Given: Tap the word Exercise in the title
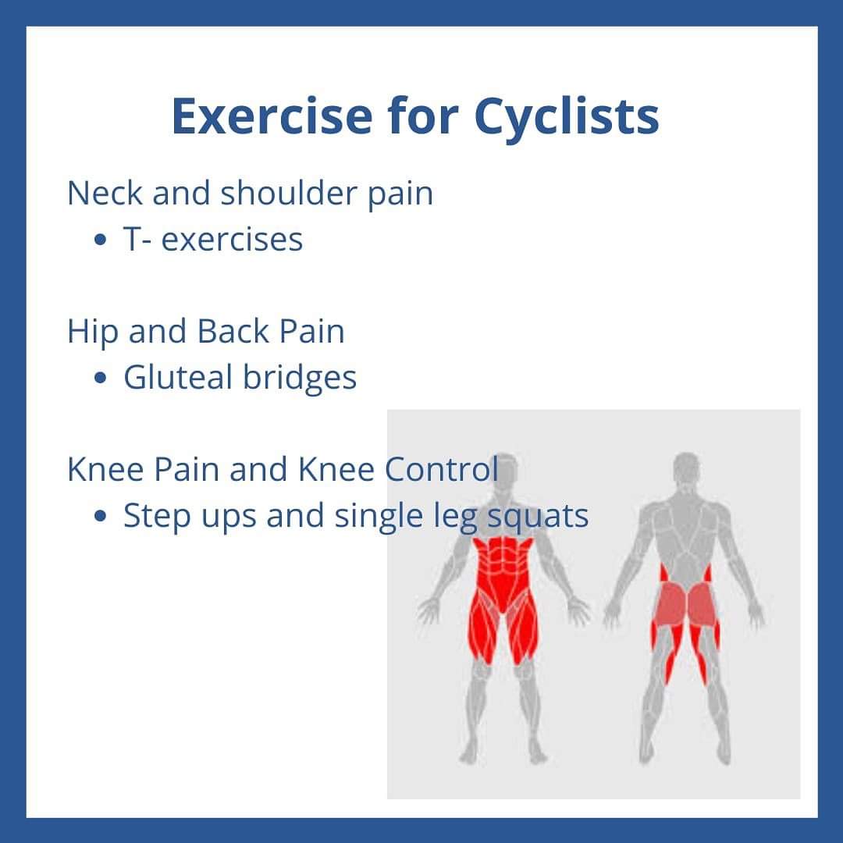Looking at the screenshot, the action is click(272, 116).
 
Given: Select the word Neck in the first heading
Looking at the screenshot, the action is click(105, 193).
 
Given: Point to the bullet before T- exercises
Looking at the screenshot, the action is click(100, 240).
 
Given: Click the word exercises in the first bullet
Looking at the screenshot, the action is click(232, 240).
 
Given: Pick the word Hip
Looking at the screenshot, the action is click(92, 333).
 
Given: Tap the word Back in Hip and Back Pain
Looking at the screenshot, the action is click(233, 331).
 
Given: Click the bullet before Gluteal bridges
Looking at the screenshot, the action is click(100, 378).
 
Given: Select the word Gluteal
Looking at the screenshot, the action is click(178, 377).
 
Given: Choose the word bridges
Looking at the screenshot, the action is click(300, 378).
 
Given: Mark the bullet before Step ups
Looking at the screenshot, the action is click(100, 516).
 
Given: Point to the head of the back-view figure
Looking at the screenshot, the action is click(687, 468).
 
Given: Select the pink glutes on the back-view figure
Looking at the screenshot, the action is click(685, 606).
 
